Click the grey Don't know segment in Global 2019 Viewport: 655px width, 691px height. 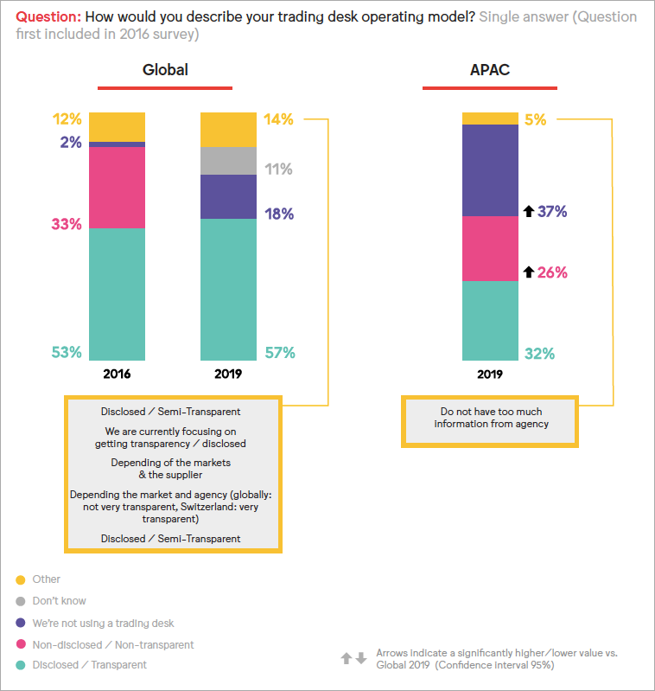tap(228, 161)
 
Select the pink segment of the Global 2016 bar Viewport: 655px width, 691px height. tap(117, 187)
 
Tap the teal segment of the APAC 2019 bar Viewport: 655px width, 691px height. tap(490, 321)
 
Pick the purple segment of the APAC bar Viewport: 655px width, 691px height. tap(490, 170)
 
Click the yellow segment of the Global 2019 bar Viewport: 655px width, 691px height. tap(228, 129)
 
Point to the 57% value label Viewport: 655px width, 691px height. tap(280, 352)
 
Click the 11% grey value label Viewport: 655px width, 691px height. tap(278, 170)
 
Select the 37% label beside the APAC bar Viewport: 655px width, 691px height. tap(552, 210)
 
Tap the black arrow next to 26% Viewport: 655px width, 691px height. tap(528, 272)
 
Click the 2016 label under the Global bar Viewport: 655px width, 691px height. tap(117, 374)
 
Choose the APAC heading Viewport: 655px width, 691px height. tap(490, 70)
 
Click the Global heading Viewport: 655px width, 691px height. tap(165, 70)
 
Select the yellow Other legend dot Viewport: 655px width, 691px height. tap(21, 579)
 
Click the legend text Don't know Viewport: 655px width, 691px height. tap(60, 600)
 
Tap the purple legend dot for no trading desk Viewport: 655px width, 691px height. tap(21, 623)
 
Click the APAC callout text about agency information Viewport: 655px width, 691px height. tap(491, 417)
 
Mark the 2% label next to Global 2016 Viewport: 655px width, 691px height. tap(71, 142)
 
